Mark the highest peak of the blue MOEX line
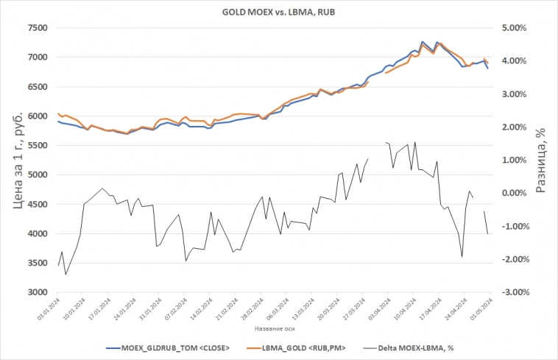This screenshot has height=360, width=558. pyautogui.click(x=422, y=42)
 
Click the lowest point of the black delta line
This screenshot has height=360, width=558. pyautogui.click(x=66, y=275)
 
